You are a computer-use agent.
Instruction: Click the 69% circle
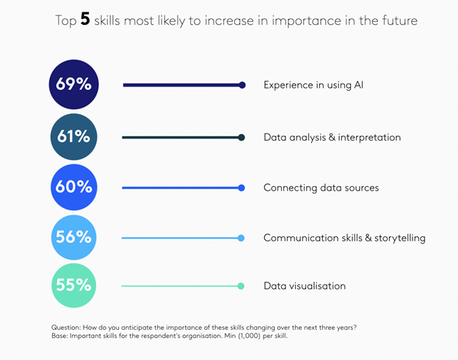tap(73, 85)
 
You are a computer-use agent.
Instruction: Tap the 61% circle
tap(73, 136)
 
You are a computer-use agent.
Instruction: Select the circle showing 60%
tap(73, 187)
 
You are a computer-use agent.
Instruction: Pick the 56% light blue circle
tap(73, 237)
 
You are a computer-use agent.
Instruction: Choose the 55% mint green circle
tap(73, 285)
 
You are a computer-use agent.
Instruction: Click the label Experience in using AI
tap(313, 85)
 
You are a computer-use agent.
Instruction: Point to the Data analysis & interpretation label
tap(332, 137)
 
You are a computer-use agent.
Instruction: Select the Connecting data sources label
tap(321, 188)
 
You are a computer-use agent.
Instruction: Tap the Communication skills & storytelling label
tap(344, 238)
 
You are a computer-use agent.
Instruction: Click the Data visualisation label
tap(304, 286)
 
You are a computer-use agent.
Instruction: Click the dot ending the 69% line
tap(242, 85)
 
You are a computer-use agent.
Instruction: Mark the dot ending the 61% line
tap(241, 137)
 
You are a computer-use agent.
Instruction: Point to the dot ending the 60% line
tap(241, 188)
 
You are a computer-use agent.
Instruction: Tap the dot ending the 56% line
tap(241, 238)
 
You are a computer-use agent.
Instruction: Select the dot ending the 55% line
tap(241, 286)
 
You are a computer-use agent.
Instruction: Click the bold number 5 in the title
tap(85, 21)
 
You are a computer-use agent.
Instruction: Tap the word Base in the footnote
tap(62, 335)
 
